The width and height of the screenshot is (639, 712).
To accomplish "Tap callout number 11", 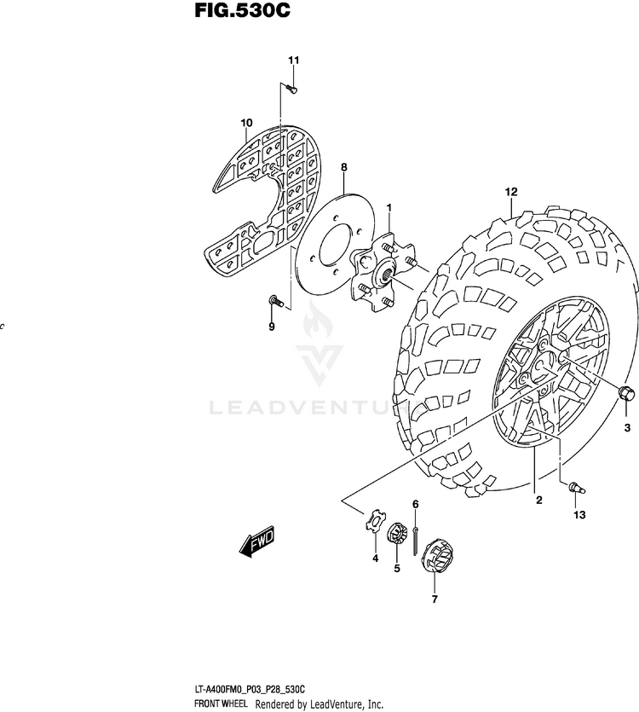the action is click(x=293, y=60).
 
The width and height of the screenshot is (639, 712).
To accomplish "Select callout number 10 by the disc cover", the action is click(x=247, y=123).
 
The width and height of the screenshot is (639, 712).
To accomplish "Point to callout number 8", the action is click(x=344, y=168).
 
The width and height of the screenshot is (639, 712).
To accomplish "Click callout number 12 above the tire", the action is click(x=510, y=191).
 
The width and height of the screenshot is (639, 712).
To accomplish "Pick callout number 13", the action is click(x=579, y=516).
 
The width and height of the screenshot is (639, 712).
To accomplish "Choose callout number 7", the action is click(x=434, y=599).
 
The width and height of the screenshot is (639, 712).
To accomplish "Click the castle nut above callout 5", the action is click(x=395, y=536).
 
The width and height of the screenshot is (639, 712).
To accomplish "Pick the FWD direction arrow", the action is click(x=256, y=541).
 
